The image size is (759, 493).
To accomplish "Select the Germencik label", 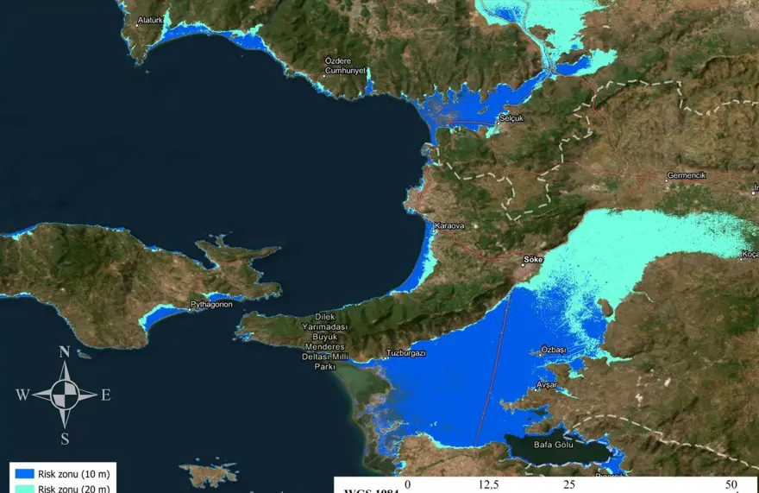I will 686,175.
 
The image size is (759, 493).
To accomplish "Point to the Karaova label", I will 448,225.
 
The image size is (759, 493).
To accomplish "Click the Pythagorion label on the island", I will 211,305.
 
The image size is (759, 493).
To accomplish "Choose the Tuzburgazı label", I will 405,353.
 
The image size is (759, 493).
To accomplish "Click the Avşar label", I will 548,384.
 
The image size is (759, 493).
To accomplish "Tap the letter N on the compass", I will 64,351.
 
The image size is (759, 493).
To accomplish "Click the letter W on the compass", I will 22,395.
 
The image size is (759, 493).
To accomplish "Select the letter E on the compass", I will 105,395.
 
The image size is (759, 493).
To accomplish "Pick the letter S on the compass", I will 64,438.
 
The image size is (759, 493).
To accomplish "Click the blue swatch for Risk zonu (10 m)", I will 23,473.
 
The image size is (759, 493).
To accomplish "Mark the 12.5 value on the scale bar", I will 489,484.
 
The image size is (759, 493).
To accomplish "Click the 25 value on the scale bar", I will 569,484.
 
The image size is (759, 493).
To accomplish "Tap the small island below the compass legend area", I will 210,473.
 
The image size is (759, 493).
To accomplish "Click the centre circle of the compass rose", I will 64,395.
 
